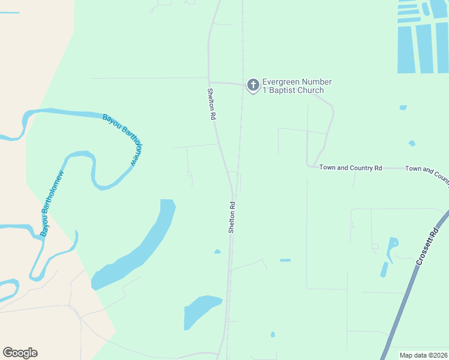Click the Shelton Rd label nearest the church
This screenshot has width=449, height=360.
[211, 104]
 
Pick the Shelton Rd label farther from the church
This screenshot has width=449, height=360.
[232, 217]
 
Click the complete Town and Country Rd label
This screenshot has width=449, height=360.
[351, 168]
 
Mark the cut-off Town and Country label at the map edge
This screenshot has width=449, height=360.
[427, 173]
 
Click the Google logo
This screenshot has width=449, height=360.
[20, 353]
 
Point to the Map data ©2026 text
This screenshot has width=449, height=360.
[423, 355]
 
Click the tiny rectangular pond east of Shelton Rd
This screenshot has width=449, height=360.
[285, 260]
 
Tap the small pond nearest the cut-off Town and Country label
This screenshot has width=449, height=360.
[412, 143]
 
